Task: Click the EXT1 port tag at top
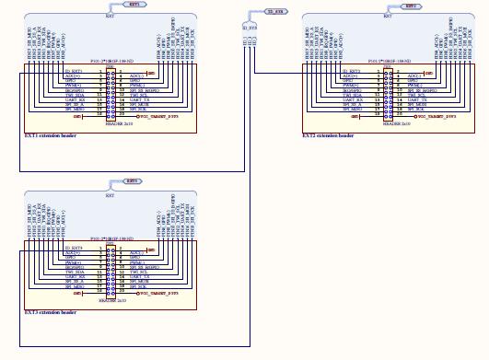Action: point(134,6)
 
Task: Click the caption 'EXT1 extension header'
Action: point(51,135)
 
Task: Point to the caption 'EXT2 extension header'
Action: point(328,135)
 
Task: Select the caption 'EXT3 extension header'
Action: point(51,311)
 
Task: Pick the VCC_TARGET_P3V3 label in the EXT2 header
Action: point(437,118)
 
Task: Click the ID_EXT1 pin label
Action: point(74,70)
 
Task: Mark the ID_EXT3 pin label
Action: point(74,247)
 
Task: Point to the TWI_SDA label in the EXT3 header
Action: point(76,270)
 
